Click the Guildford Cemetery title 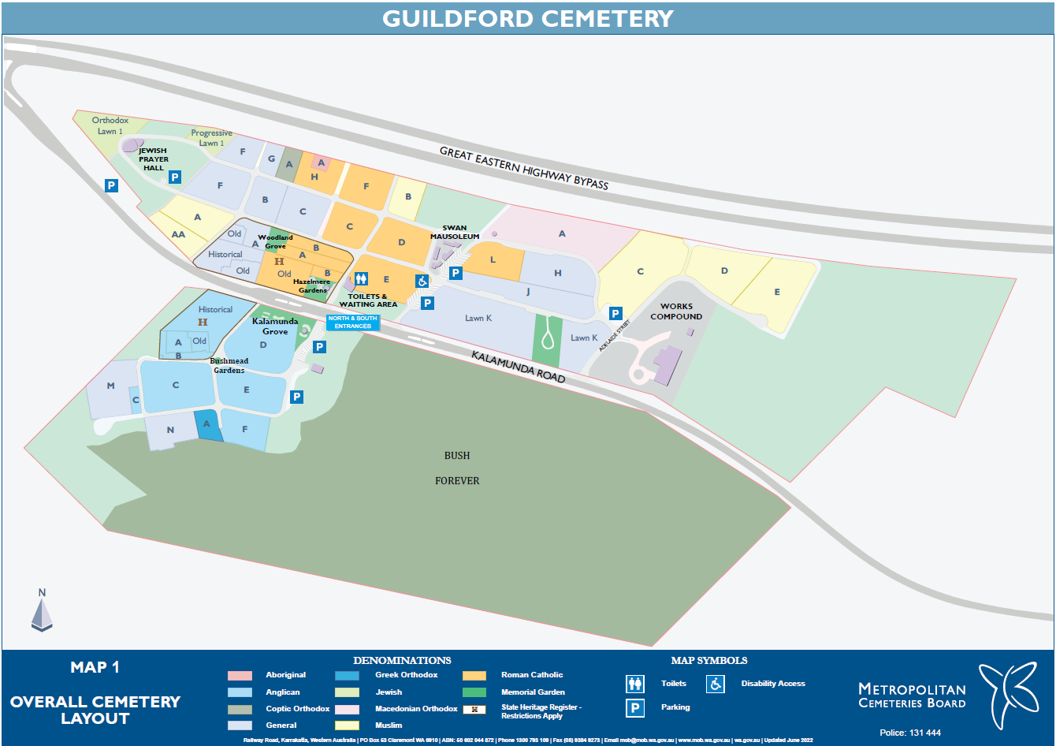[x=527, y=18]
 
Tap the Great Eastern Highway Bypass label [x=523, y=168]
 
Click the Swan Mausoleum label [x=455, y=232]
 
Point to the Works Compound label [x=676, y=311]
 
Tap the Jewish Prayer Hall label [x=153, y=159]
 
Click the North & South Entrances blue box [x=353, y=322]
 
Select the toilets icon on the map [x=361, y=278]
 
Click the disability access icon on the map [x=422, y=281]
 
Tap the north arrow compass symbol [x=42, y=610]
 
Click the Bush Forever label [x=457, y=468]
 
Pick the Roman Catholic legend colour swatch [x=474, y=676]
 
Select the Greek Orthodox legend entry [x=406, y=675]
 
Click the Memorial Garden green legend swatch [x=474, y=692]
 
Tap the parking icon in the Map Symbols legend [x=635, y=707]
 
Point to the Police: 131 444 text [x=910, y=733]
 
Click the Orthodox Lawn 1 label [x=110, y=126]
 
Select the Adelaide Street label [x=615, y=336]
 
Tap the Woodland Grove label [x=275, y=241]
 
